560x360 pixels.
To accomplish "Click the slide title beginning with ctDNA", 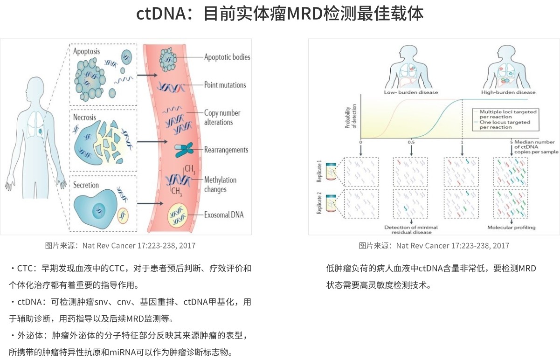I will pyautogui.click(x=280, y=14).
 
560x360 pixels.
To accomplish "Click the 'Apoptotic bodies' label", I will pyautogui.click(x=227, y=57).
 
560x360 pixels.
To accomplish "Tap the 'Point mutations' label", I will pyautogui.click(x=225, y=85).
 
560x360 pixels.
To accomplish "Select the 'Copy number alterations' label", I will pyautogui.click(x=222, y=118).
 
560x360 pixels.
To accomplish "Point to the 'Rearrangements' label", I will pyautogui.click(x=226, y=150).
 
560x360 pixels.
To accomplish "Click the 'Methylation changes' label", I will pyautogui.click(x=220, y=185).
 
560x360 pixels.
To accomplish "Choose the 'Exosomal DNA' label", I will pyautogui.click(x=224, y=215).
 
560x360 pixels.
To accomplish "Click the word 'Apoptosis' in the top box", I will pyautogui.click(x=86, y=51).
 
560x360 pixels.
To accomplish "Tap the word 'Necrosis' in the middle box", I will pyautogui.click(x=84, y=117).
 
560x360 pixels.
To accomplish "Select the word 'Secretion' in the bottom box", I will pyautogui.click(x=86, y=185).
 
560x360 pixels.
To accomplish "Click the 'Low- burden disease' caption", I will pyautogui.click(x=411, y=92).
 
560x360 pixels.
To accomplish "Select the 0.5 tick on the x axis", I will pyautogui.click(x=411, y=142).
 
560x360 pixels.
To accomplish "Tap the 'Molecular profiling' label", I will pyautogui.click(x=512, y=228).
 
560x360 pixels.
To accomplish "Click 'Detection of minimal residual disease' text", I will pyautogui.click(x=411, y=229).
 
